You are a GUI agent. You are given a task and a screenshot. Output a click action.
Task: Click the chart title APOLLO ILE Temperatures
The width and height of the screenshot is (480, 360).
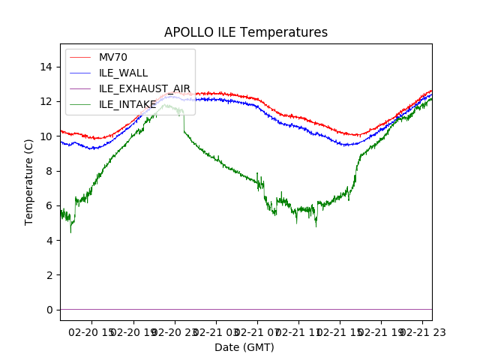pyautogui.click(x=246, y=33)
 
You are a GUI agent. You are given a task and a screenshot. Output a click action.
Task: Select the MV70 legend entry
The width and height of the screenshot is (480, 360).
pyautogui.click(x=113, y=58)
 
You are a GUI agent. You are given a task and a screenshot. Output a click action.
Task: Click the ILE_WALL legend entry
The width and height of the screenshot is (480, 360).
pyautogui.click(x=124, y=73)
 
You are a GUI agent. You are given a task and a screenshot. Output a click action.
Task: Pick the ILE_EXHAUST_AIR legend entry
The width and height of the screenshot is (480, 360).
pyautogui.click(x=145, y=88)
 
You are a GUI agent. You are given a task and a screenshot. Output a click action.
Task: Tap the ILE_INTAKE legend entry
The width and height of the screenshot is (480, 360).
pyautogui.click(x=127, y=104)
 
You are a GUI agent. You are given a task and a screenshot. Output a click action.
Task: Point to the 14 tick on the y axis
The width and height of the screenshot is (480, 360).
pyautogui.click(x=46, y=67)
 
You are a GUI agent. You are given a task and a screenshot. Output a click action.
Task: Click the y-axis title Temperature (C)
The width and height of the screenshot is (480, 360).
pyautogui.click(x=29, y=181)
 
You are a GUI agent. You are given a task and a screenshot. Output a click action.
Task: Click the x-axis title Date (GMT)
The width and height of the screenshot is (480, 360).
pyautogui.click(x=244, y=347)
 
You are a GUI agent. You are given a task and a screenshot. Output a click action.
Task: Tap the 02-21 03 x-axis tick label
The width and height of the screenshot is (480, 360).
pyautogui.click(x=217, y=331)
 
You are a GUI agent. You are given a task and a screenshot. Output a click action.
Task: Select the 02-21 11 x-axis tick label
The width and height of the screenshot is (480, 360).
pyautogui.click(x=298, y=331)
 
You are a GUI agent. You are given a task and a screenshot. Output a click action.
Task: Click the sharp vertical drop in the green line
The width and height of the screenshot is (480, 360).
pyautogui.click(x=183, y=124)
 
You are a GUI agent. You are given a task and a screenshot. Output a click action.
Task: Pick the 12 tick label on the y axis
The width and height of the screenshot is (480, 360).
pyautogui.click(x=46, y=102)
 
